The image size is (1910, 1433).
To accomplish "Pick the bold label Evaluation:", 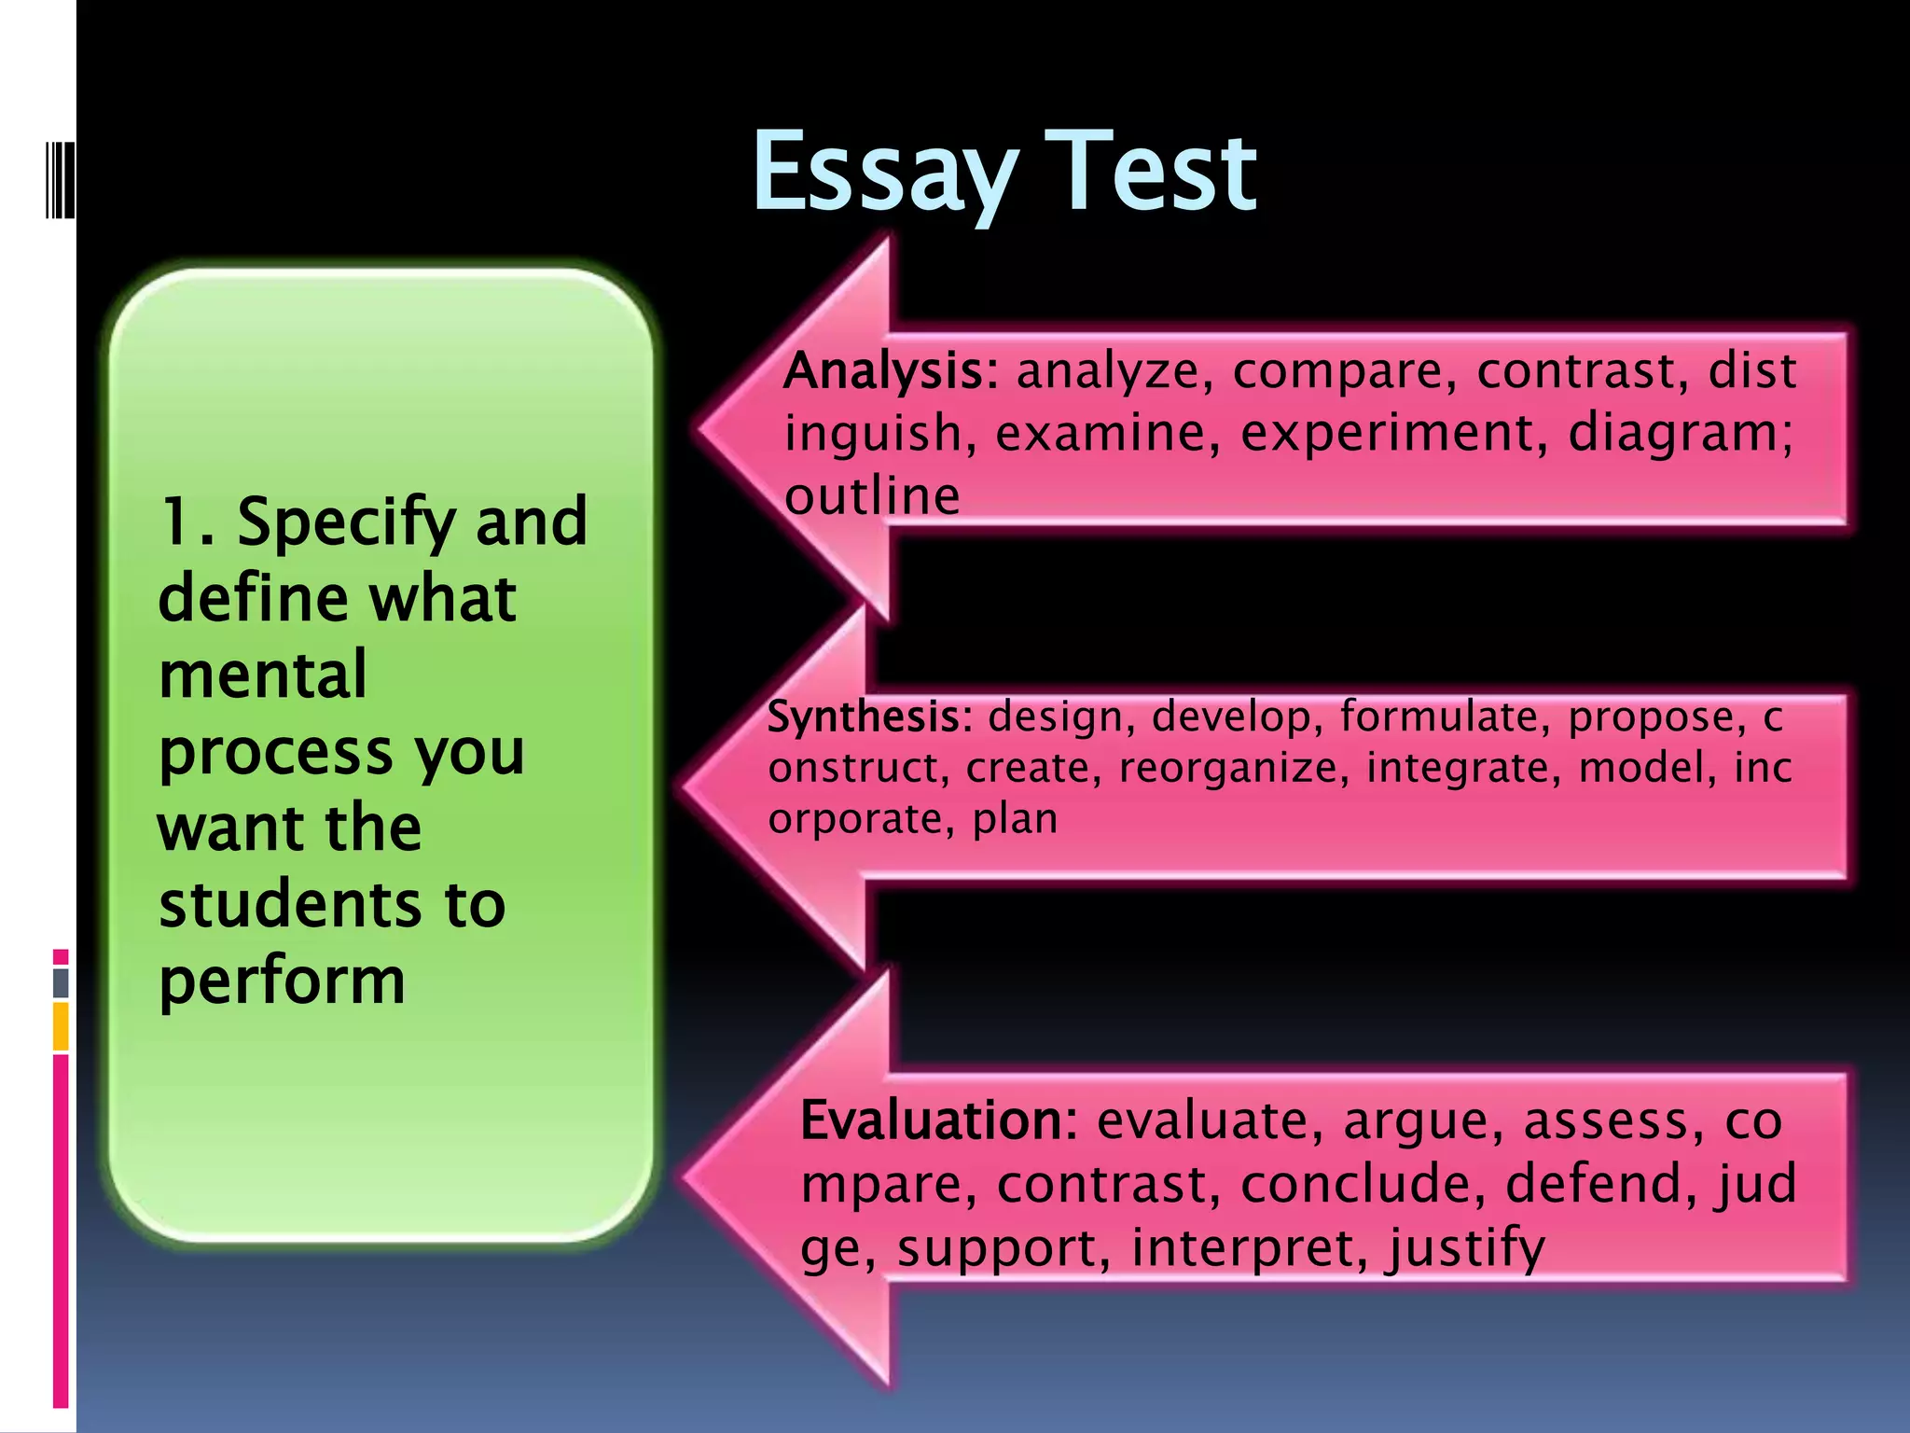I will [x=938, y=1120].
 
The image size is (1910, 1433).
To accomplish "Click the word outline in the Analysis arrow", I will [x=871, y=495].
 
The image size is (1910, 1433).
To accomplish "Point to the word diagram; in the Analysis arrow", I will [x=1680, y=434].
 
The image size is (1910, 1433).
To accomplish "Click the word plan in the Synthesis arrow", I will [x=1015, y=819].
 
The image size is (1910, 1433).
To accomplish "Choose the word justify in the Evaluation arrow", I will [x=1465, y=1248].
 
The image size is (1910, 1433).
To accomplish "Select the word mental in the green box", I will [x=263, y=675].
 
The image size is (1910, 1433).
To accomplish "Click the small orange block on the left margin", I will [x=61, y=1025].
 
